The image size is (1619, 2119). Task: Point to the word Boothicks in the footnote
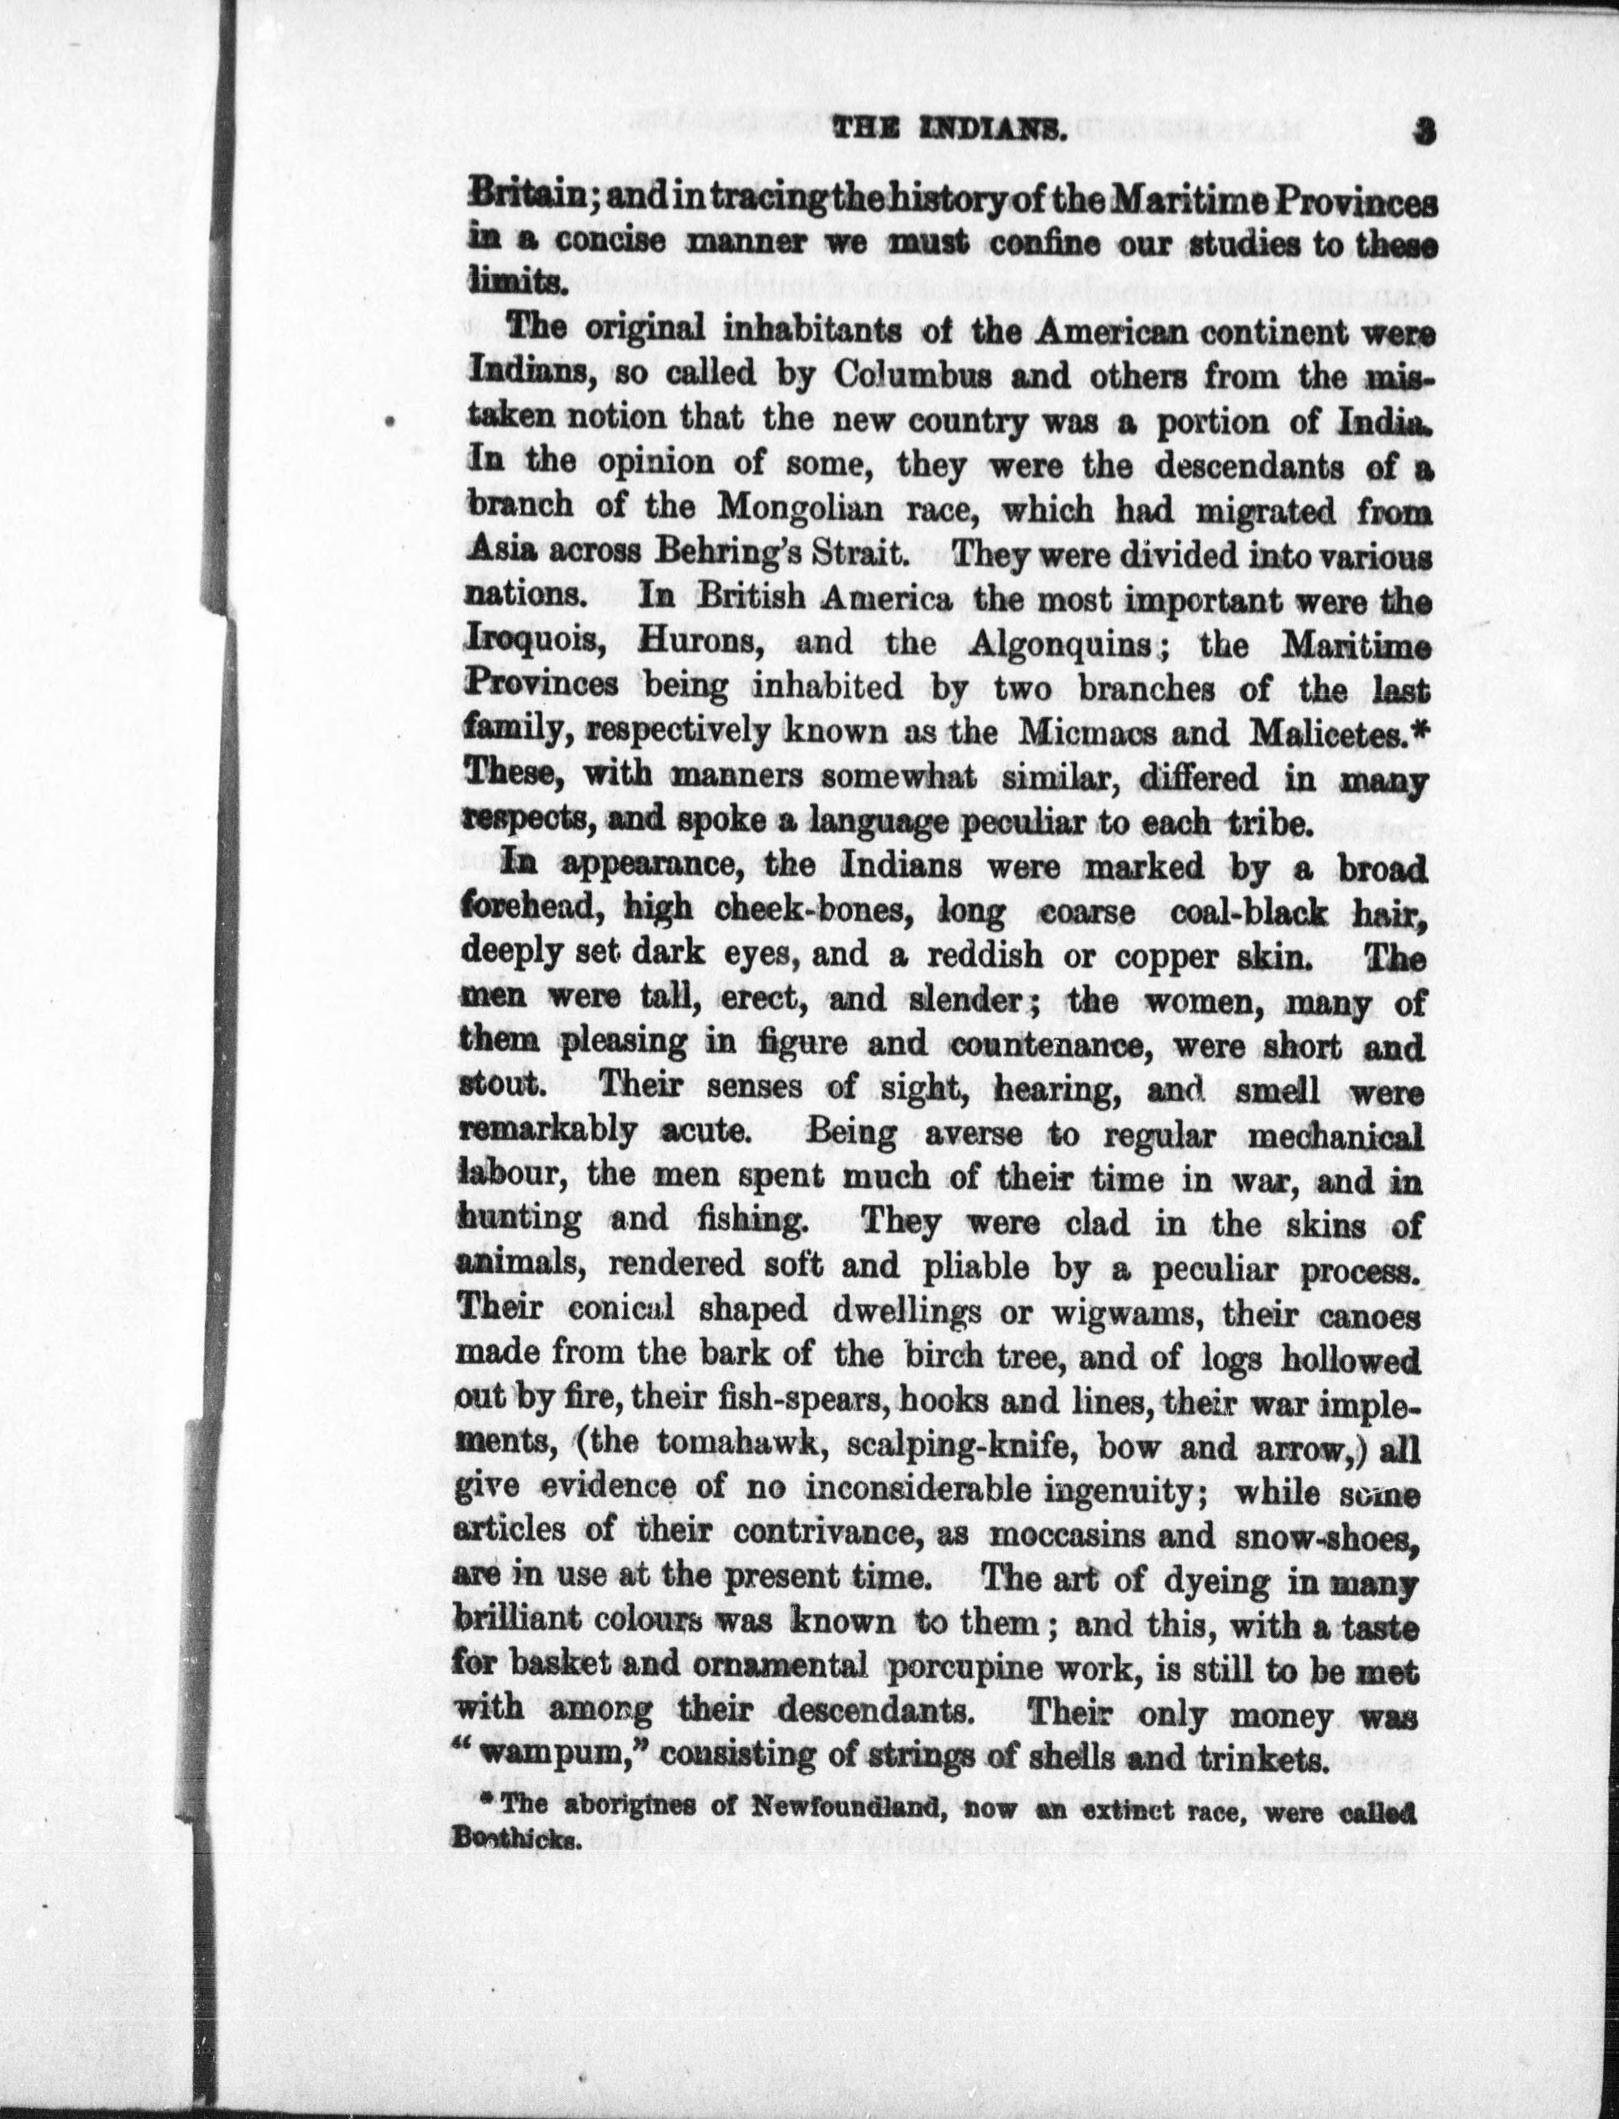[516, 1837]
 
